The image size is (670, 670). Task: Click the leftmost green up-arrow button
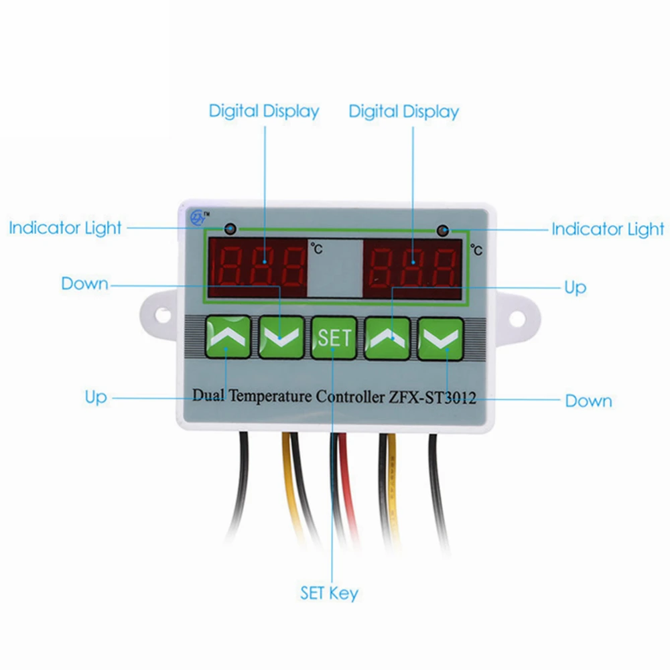pos(227,336)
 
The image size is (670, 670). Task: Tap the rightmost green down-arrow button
pos(442,337)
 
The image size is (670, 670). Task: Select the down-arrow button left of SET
pos(280,336)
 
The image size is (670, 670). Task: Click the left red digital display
pos(257,265)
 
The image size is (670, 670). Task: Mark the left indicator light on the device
pos(230,228)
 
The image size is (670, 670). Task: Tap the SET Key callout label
pos(329,593)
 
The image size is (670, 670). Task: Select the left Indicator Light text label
pos(65,228)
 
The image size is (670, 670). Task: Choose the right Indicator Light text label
pos(608,229)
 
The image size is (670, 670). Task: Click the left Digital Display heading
pos(264,111)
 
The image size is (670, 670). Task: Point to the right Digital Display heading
pos(403,111)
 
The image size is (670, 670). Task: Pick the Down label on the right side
pos(588,401)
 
